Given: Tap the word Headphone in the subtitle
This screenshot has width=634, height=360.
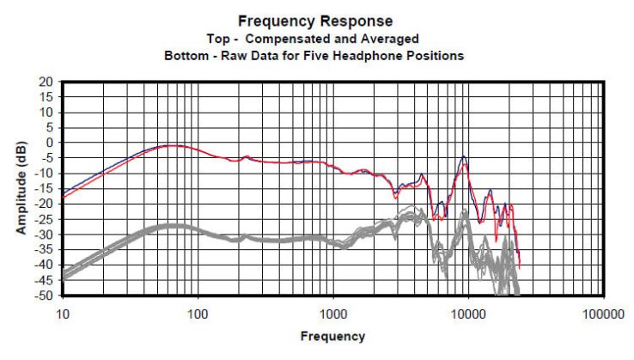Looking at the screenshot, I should tap(381, 56).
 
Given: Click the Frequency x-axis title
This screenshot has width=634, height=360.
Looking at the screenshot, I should tap(332, 337).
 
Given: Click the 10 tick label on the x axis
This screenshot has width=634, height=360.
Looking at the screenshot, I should tap(62, 315).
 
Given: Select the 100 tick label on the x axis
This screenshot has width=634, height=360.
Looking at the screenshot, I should tap(198, 315).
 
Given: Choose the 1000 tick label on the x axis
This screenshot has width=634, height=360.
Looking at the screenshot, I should tap(332, 315).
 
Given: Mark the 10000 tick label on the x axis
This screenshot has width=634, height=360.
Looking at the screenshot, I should tap(467, 315).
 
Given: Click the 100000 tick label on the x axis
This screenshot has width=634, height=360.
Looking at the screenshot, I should tap(602, 315).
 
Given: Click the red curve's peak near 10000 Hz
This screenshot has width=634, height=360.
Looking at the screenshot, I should tap(465, 162).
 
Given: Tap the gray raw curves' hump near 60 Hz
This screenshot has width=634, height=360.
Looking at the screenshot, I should tap(172, 226).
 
